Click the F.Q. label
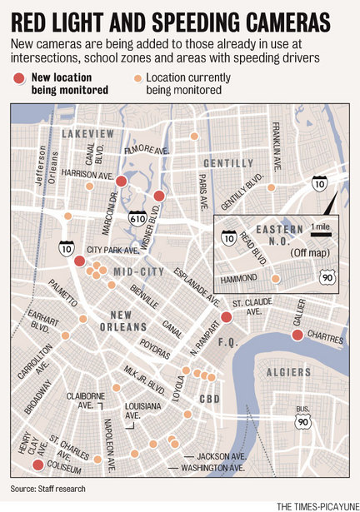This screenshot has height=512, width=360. (227, 341)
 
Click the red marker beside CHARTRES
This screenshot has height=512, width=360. (297, 336)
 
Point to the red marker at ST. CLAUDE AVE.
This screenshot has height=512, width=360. (226, 316)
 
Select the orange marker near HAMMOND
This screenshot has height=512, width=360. (276, 279)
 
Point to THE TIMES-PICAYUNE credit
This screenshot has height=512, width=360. (315, 505)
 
